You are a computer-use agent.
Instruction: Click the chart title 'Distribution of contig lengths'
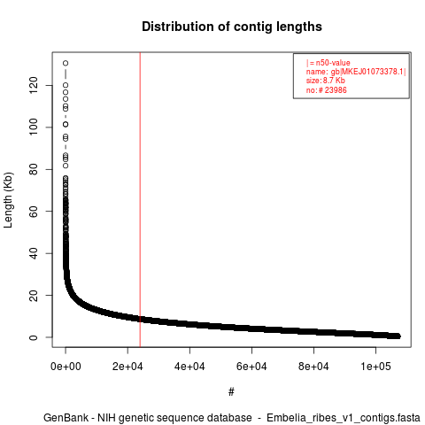click(232, 27)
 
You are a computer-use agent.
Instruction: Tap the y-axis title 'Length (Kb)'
click(8, 200)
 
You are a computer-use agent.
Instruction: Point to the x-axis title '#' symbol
click(231, 392)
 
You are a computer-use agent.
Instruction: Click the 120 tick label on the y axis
click(34, 85)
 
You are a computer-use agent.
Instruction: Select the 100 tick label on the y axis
click(34, 127)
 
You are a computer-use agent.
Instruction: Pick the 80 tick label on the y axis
click(34, 169)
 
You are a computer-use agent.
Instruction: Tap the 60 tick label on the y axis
click(34, 212)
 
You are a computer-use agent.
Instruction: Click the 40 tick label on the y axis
click(34, 253)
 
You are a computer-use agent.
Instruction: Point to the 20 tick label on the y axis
click(34, 295)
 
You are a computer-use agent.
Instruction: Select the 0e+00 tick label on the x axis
click(66, 367)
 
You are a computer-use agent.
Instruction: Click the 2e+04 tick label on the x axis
click(127, 367)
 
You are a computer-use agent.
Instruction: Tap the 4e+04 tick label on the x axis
click(189, 367)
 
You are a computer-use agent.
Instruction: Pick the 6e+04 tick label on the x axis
click(251, 367)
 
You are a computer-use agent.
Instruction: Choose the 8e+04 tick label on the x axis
click(313, 367)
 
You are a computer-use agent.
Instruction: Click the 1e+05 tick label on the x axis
click(375, 367)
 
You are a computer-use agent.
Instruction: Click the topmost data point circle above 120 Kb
click(66, 63)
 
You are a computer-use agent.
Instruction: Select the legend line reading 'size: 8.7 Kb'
click(326, 81)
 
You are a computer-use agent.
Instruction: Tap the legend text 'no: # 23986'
click(327, 89)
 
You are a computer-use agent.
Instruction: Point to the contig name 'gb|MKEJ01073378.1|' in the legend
click(368, 72)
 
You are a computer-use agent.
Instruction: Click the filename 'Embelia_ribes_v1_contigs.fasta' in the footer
click(344, 418)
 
